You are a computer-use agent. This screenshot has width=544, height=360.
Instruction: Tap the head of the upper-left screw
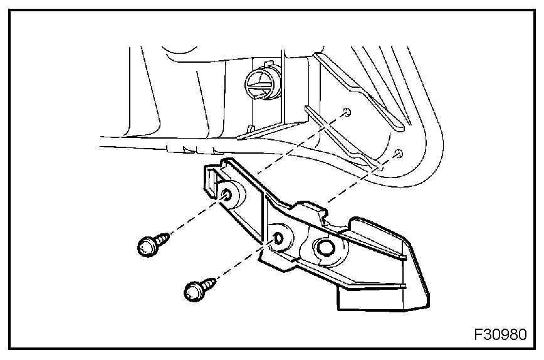tap(145, 246)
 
